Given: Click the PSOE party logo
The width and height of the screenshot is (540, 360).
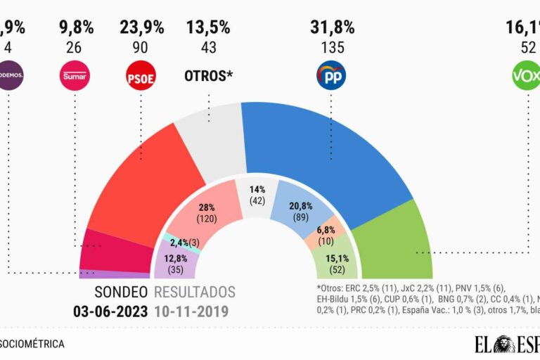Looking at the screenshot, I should pyautogui.click(x=141, y=75).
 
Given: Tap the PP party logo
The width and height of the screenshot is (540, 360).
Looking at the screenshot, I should pyautogui.click(x=331, y=75).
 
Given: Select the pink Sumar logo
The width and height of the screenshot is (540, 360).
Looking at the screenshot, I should pyautogui.click(x=75, y=75).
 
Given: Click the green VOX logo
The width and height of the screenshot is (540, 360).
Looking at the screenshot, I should pyautogui.click(x=525, y=75).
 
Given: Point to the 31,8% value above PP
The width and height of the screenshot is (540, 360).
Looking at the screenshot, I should pyautogui.click(x=332, y=28).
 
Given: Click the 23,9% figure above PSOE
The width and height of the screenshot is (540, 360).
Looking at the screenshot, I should pyautogui.click(x=141, y=28).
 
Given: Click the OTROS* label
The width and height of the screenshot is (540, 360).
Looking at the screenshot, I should pyautogui.click(x=208, y=75).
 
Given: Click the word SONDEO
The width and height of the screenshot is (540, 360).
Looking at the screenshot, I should pyautogui.click(x=121, y=292).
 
